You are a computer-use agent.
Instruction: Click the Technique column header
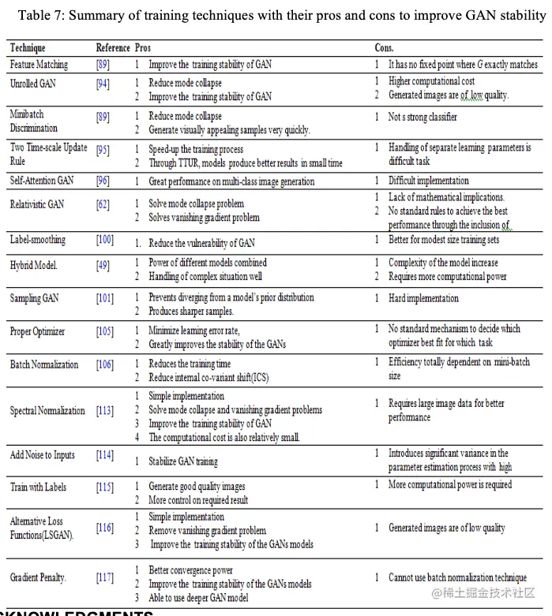pyautogui.click(x=28, y=48)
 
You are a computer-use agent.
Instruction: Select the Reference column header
pyautogui.click(x=112, y=48)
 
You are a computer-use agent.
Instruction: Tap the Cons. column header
pyautogui.click(x=384, y=48)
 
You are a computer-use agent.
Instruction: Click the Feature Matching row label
pyautogui.click(x=39, y=65)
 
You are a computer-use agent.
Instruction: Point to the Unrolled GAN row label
pyautogui.click(x=32, y=83)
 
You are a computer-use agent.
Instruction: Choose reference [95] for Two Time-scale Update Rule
pyautogui.click(x=103, y=148)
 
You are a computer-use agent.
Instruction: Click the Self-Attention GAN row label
pyautogui.click(x=42, y=181)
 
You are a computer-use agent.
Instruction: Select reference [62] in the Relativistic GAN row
pyautogui.click(x=103, y=204)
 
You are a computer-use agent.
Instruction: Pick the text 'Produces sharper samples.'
pyautogui.click(x=191, y=312)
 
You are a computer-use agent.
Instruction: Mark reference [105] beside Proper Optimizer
pyautogui.click(x=105, y=332)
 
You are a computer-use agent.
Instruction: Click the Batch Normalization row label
pyautogui.click(x=44, y=364)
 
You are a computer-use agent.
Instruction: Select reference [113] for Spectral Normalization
pyautogui.click(x=105, y=410)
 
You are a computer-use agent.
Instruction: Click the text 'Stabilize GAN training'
pyautogui.click(x=183, y=461)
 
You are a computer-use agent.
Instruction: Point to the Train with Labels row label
pyautogui.click(x=38, y=487)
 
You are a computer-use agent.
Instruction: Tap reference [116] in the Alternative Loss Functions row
pyautogui.click(x=105, y=528)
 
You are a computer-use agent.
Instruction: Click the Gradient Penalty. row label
pyautogui.click(x=38, y=577)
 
